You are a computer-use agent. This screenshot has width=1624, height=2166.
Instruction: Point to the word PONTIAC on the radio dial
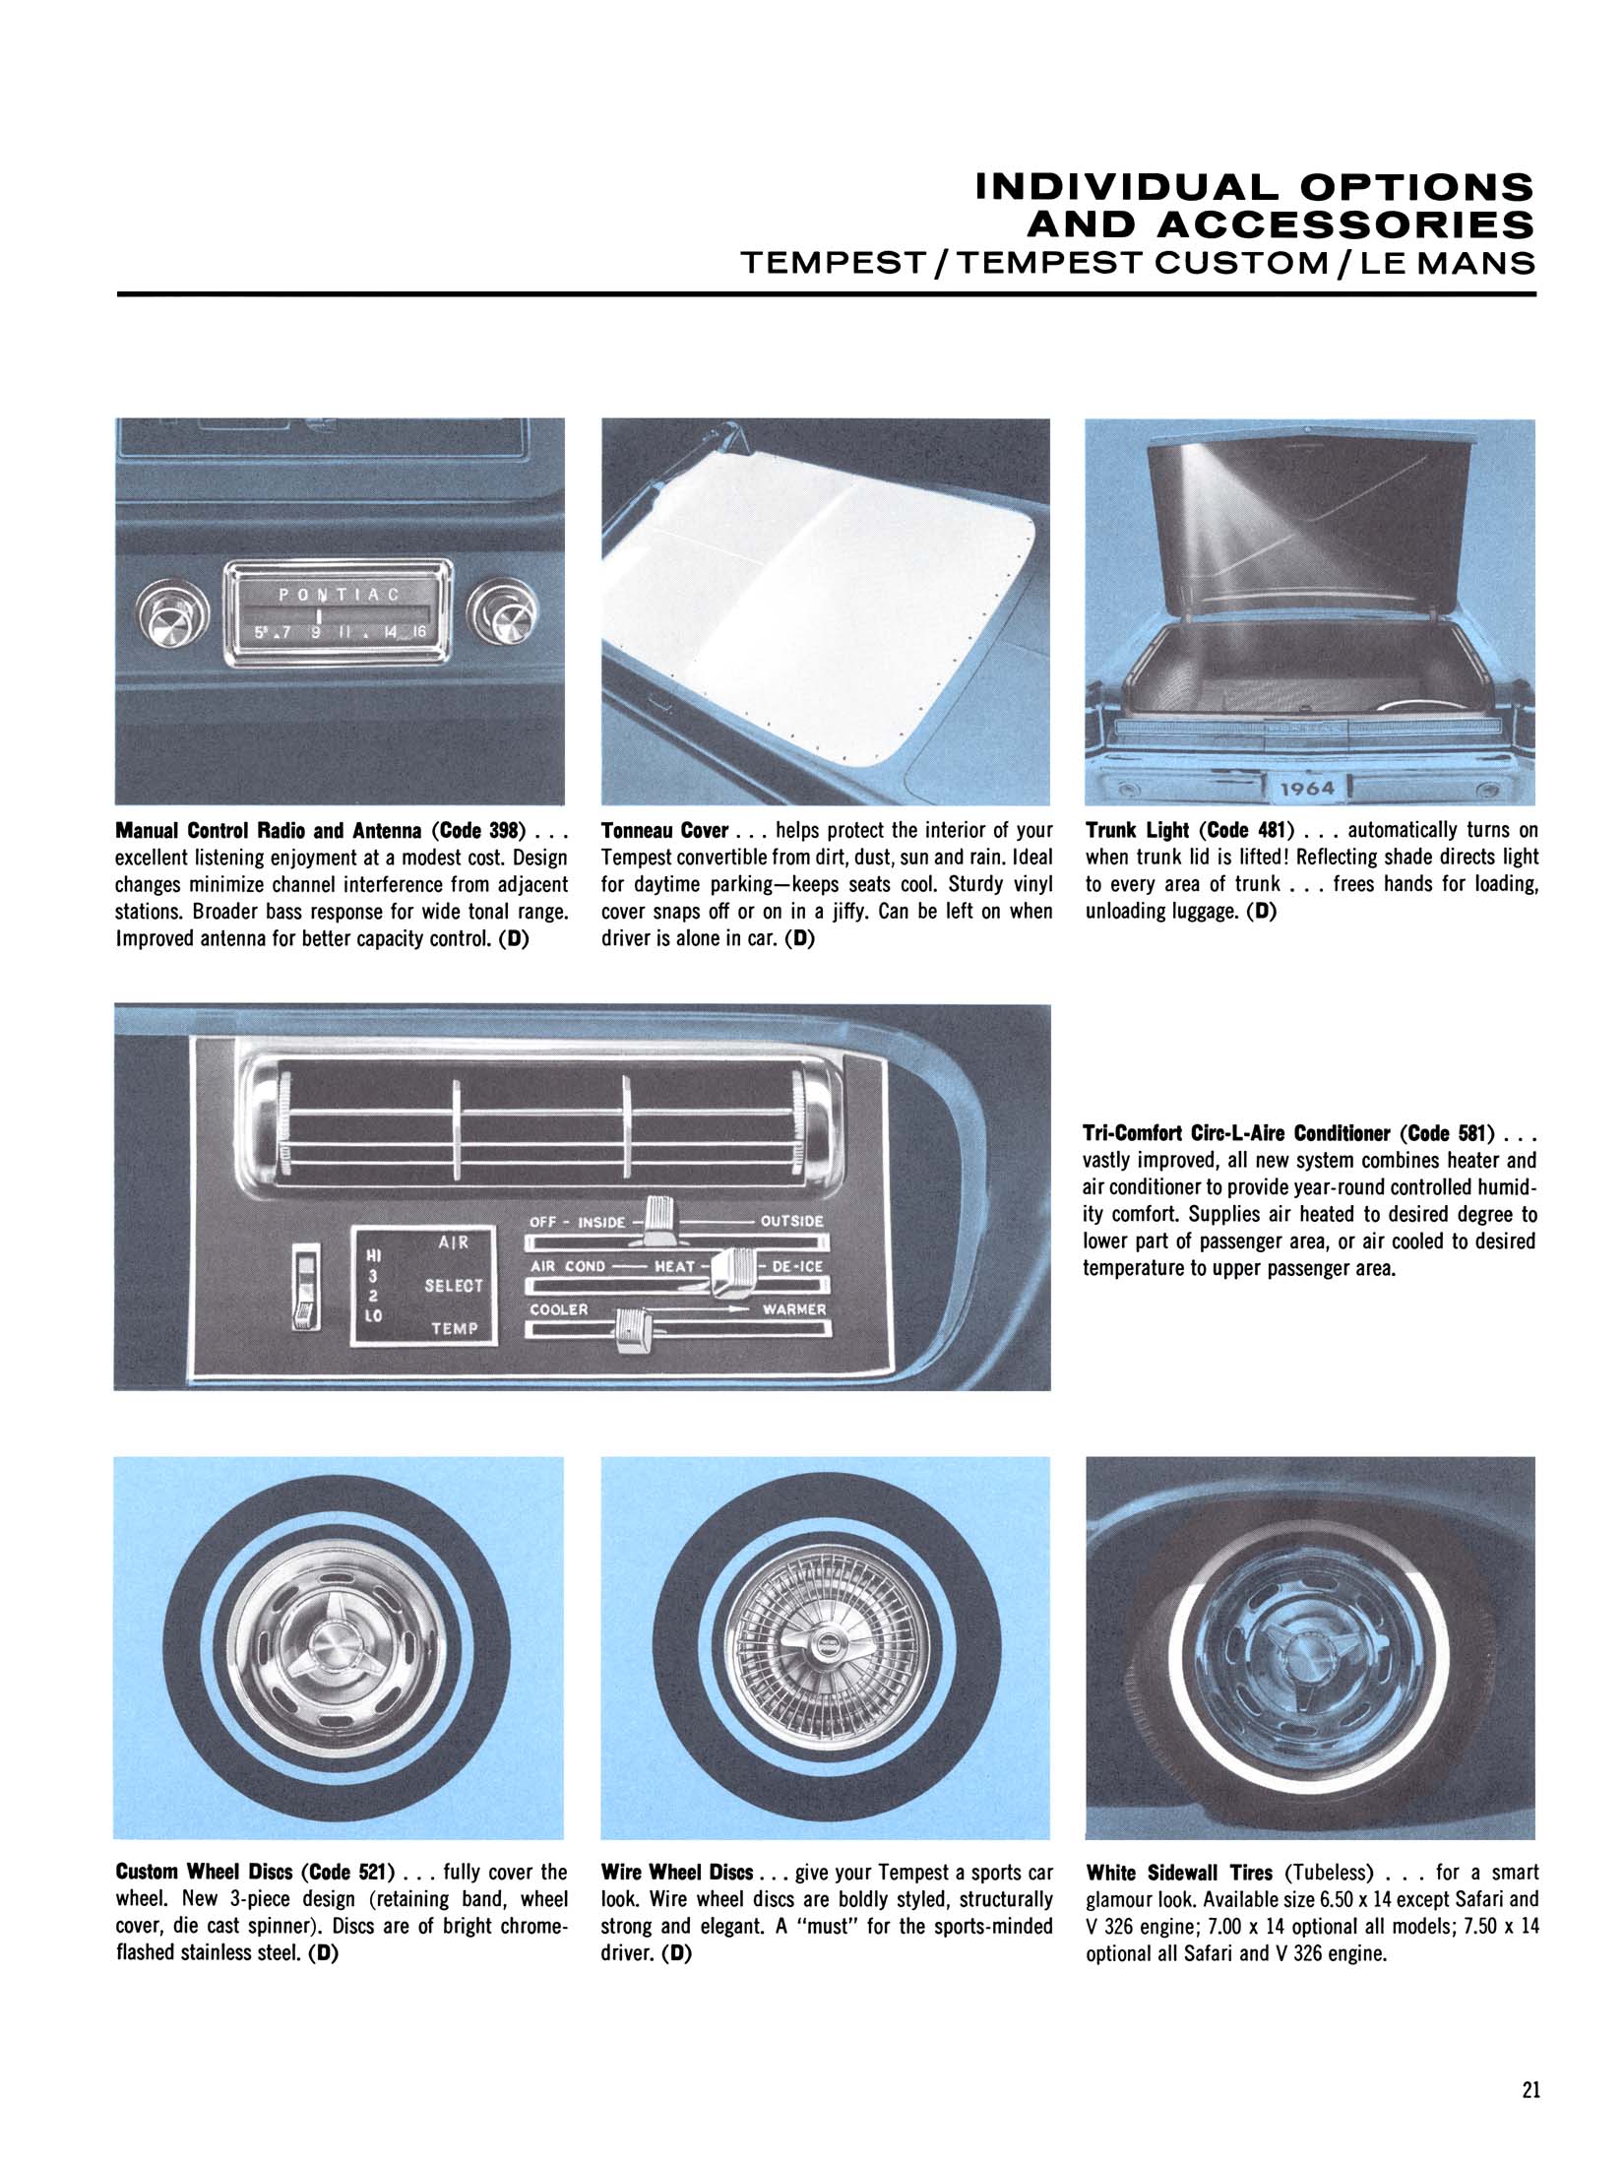339,595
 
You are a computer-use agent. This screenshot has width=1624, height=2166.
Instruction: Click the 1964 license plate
1307,788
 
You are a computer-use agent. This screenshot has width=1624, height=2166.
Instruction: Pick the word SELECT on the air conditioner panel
454,1286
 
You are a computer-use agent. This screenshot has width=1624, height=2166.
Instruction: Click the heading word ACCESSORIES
1280,226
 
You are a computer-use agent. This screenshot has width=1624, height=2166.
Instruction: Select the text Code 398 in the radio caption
475,830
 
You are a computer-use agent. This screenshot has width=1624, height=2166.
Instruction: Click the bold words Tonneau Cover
664,830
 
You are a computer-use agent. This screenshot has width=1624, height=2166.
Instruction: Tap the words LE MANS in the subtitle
1446,265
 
